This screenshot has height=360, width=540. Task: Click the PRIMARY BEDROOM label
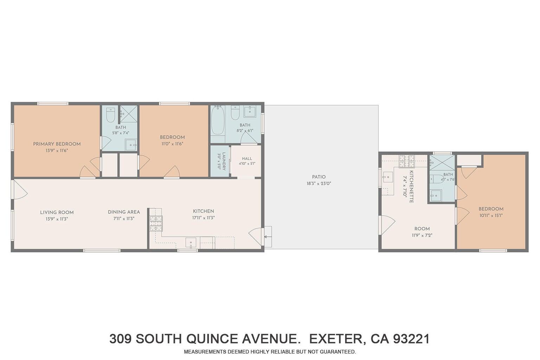click(x=57, y=144)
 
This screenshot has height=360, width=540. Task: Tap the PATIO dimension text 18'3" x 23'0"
click(x=319, y=184)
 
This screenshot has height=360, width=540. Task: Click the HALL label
click(x=247, y=159)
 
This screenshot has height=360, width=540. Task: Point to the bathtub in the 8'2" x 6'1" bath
click(x=218, y=121)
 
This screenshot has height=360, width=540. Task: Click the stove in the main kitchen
click(x=156, y=224)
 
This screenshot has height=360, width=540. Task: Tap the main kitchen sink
click(x=191, y=243)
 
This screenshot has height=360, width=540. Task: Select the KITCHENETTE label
click(x=412, y=187)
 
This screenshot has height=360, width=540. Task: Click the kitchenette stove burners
click(x=407, y=161)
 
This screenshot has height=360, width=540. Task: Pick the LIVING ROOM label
click(x=57, y=212)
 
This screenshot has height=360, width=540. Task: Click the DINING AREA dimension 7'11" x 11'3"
click(x=124, y=218)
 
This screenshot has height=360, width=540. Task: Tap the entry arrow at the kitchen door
click(x=268, y=237)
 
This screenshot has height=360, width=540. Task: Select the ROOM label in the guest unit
click(x=422, y=229)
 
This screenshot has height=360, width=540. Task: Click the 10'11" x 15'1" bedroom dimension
click(x=491, y=216)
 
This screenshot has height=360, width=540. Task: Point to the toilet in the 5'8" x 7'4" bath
click(x=111, y=115)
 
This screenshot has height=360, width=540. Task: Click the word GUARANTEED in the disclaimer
click(x=338, y=352)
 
